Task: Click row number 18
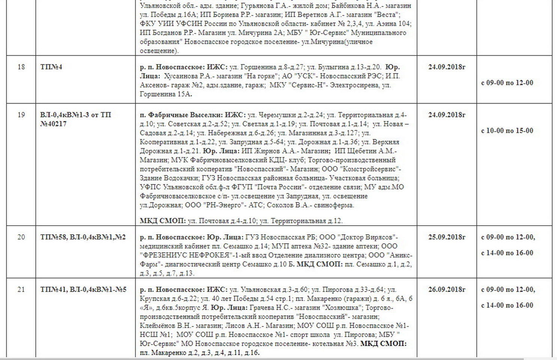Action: tap(21, 67)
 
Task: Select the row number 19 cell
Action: tap(21, 115)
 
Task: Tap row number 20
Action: tap(21, 237)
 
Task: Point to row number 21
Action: tap(21, 289)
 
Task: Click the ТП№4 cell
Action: tap(51, 67)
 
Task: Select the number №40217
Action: tap(53, 124)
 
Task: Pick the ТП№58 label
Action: tap(54, 237)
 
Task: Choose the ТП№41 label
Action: tap(54, 289)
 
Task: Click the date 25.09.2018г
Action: tap(447, 237)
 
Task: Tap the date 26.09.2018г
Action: tap(447, 289)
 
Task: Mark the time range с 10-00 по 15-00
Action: tap(507, 131)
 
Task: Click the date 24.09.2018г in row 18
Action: tap(447, 67)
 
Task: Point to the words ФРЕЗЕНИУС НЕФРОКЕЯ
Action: tap(186, 255)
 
